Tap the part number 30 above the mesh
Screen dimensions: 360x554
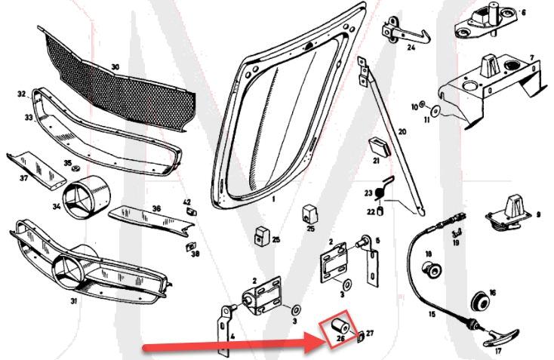(115, 66)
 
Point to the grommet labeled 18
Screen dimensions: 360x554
(433, 267)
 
